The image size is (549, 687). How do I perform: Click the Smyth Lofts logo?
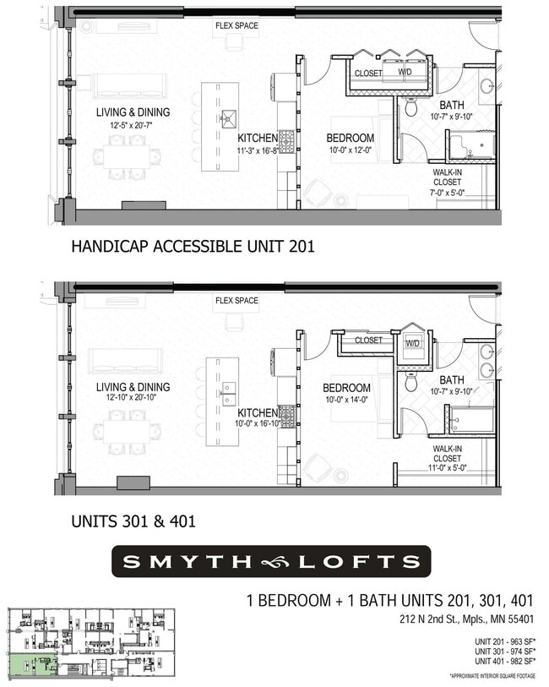click(x=270, y=561)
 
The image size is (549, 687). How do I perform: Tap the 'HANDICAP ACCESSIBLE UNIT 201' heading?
click(x=193, y=247)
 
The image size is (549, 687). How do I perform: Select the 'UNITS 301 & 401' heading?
click(x=133, y=521)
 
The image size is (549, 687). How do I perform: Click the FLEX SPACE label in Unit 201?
click(x=236, y=25)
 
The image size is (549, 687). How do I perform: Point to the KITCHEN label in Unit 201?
click(x=258, y=138)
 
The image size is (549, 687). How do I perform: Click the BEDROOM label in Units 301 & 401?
click(x=346, y=389)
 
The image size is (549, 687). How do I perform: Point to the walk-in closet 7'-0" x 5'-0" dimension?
click(x=447, y=193)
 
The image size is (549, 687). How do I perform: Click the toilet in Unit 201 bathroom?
click(x=411, y=107)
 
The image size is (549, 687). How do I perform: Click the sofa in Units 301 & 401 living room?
click(x=126, y=361)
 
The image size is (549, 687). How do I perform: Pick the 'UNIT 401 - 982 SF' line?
click(x=505, y=662)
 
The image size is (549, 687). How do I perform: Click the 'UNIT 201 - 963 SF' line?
click(x=505, y=641)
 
